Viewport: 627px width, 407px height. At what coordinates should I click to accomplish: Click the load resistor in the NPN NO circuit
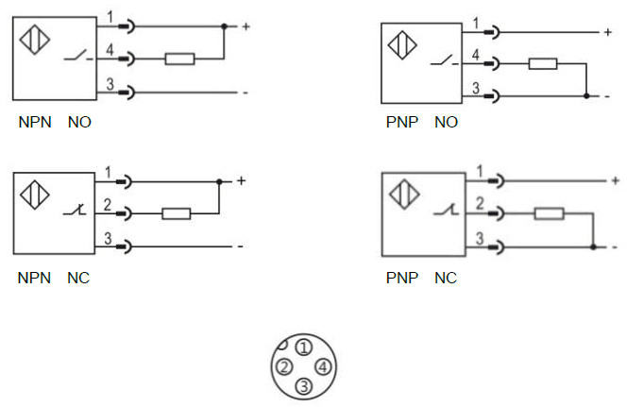179,59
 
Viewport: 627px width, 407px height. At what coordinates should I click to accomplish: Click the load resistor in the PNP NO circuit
542,64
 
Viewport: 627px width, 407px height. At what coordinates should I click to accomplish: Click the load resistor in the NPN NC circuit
177,213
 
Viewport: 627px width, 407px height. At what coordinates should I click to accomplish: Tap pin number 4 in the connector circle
322,366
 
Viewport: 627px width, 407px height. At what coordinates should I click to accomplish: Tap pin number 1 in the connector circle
303,348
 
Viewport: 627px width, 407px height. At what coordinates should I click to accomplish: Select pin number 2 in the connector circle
283,366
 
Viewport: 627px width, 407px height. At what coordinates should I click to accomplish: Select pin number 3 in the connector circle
303,385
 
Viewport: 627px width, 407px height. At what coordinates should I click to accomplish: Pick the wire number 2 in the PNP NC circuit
480,203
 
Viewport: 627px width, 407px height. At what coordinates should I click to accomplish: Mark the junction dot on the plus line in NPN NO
224,25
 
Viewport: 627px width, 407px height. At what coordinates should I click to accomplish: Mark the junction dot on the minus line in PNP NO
586,96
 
